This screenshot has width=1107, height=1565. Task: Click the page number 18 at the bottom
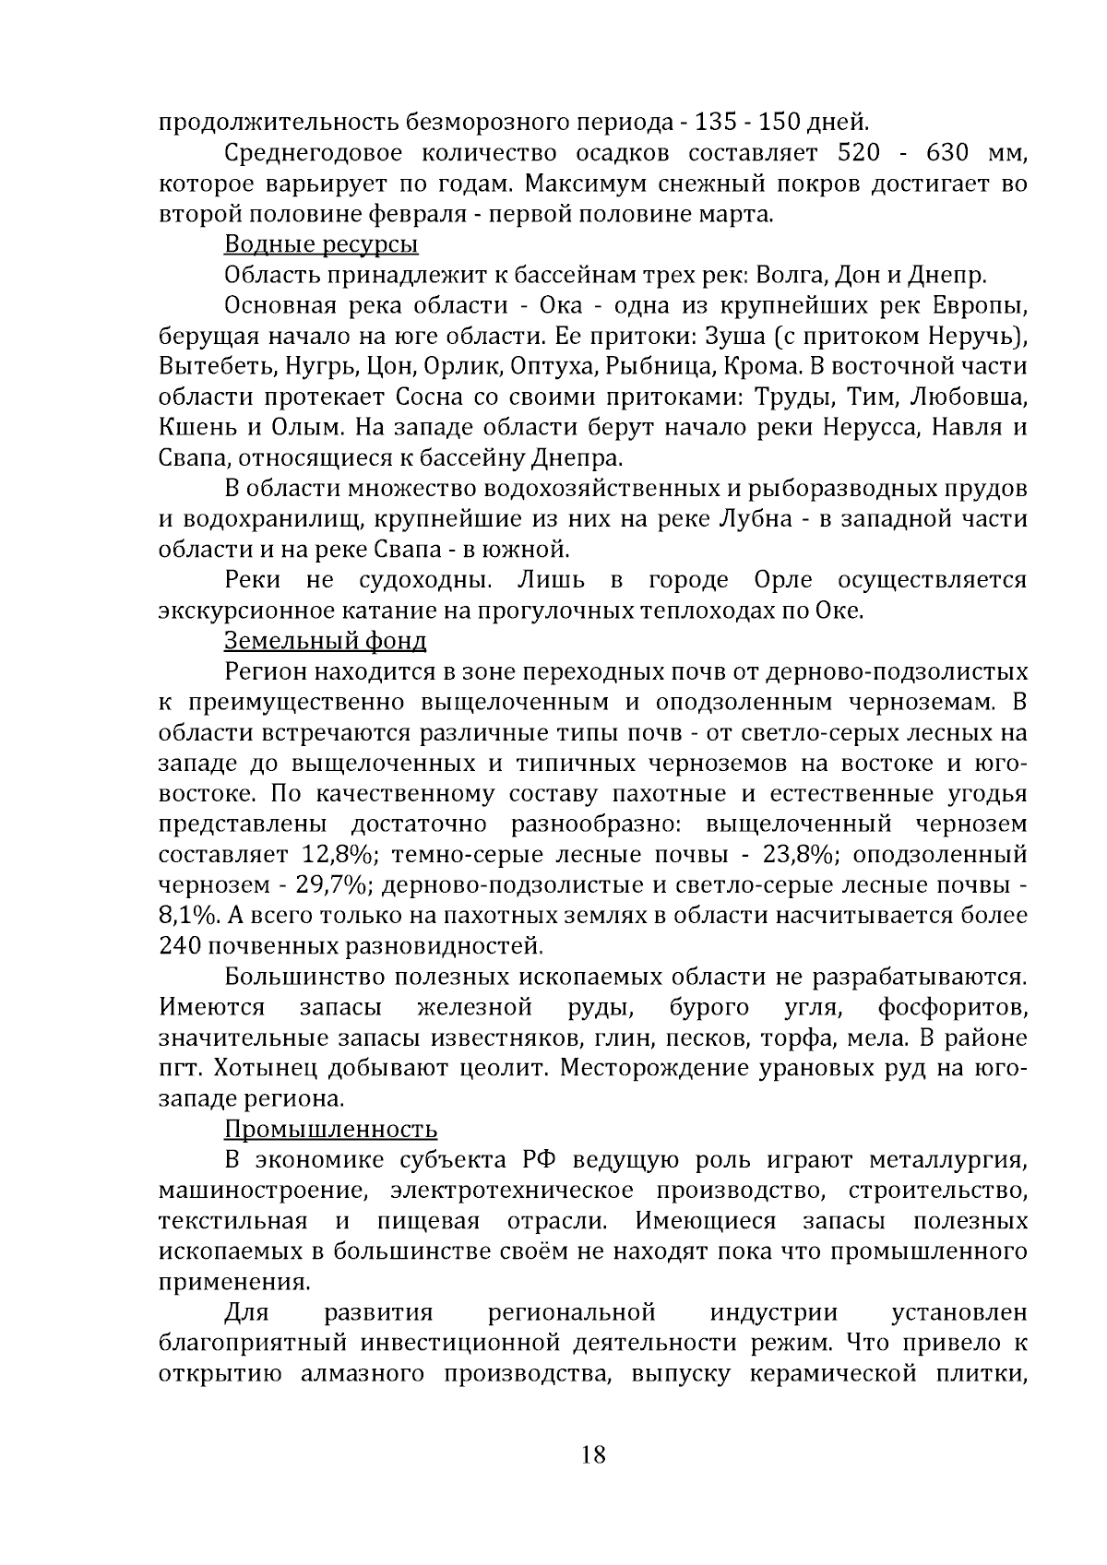point(593,1455)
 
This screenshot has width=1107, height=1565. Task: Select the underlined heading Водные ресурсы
point(321,244)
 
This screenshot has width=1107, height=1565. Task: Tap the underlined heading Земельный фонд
point(325,640)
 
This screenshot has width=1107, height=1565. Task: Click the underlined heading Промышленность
point(330,1129)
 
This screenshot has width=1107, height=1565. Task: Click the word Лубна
point(754,519)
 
